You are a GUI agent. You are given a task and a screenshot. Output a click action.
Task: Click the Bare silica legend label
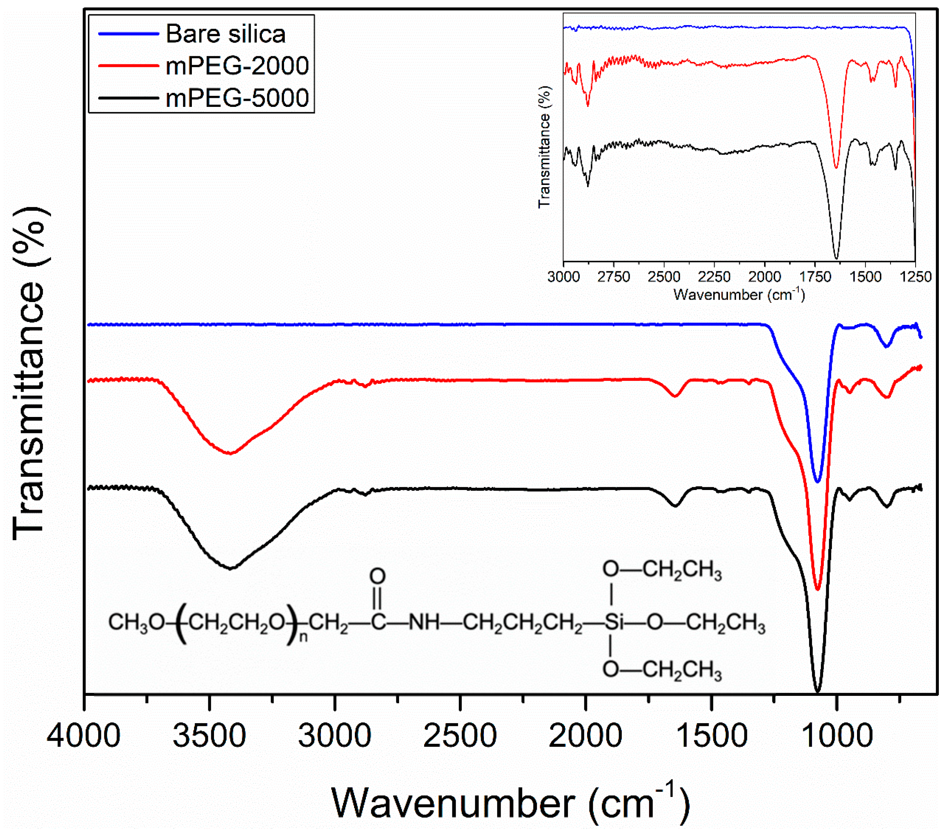[225, 34]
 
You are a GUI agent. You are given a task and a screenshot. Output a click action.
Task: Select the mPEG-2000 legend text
[237, 65]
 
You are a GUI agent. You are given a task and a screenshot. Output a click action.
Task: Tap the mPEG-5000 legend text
[237, 98]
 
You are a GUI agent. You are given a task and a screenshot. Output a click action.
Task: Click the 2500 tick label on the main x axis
[460, 736]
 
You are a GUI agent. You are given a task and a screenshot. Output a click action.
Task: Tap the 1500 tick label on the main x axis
[712, 736]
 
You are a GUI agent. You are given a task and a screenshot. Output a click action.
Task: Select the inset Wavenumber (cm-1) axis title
[739, 295]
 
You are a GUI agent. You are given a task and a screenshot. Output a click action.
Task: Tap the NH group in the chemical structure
[423, 622]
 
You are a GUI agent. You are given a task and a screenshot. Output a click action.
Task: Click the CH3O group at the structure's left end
[136, 622]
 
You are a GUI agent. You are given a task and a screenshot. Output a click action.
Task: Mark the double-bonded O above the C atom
[378, 576]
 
